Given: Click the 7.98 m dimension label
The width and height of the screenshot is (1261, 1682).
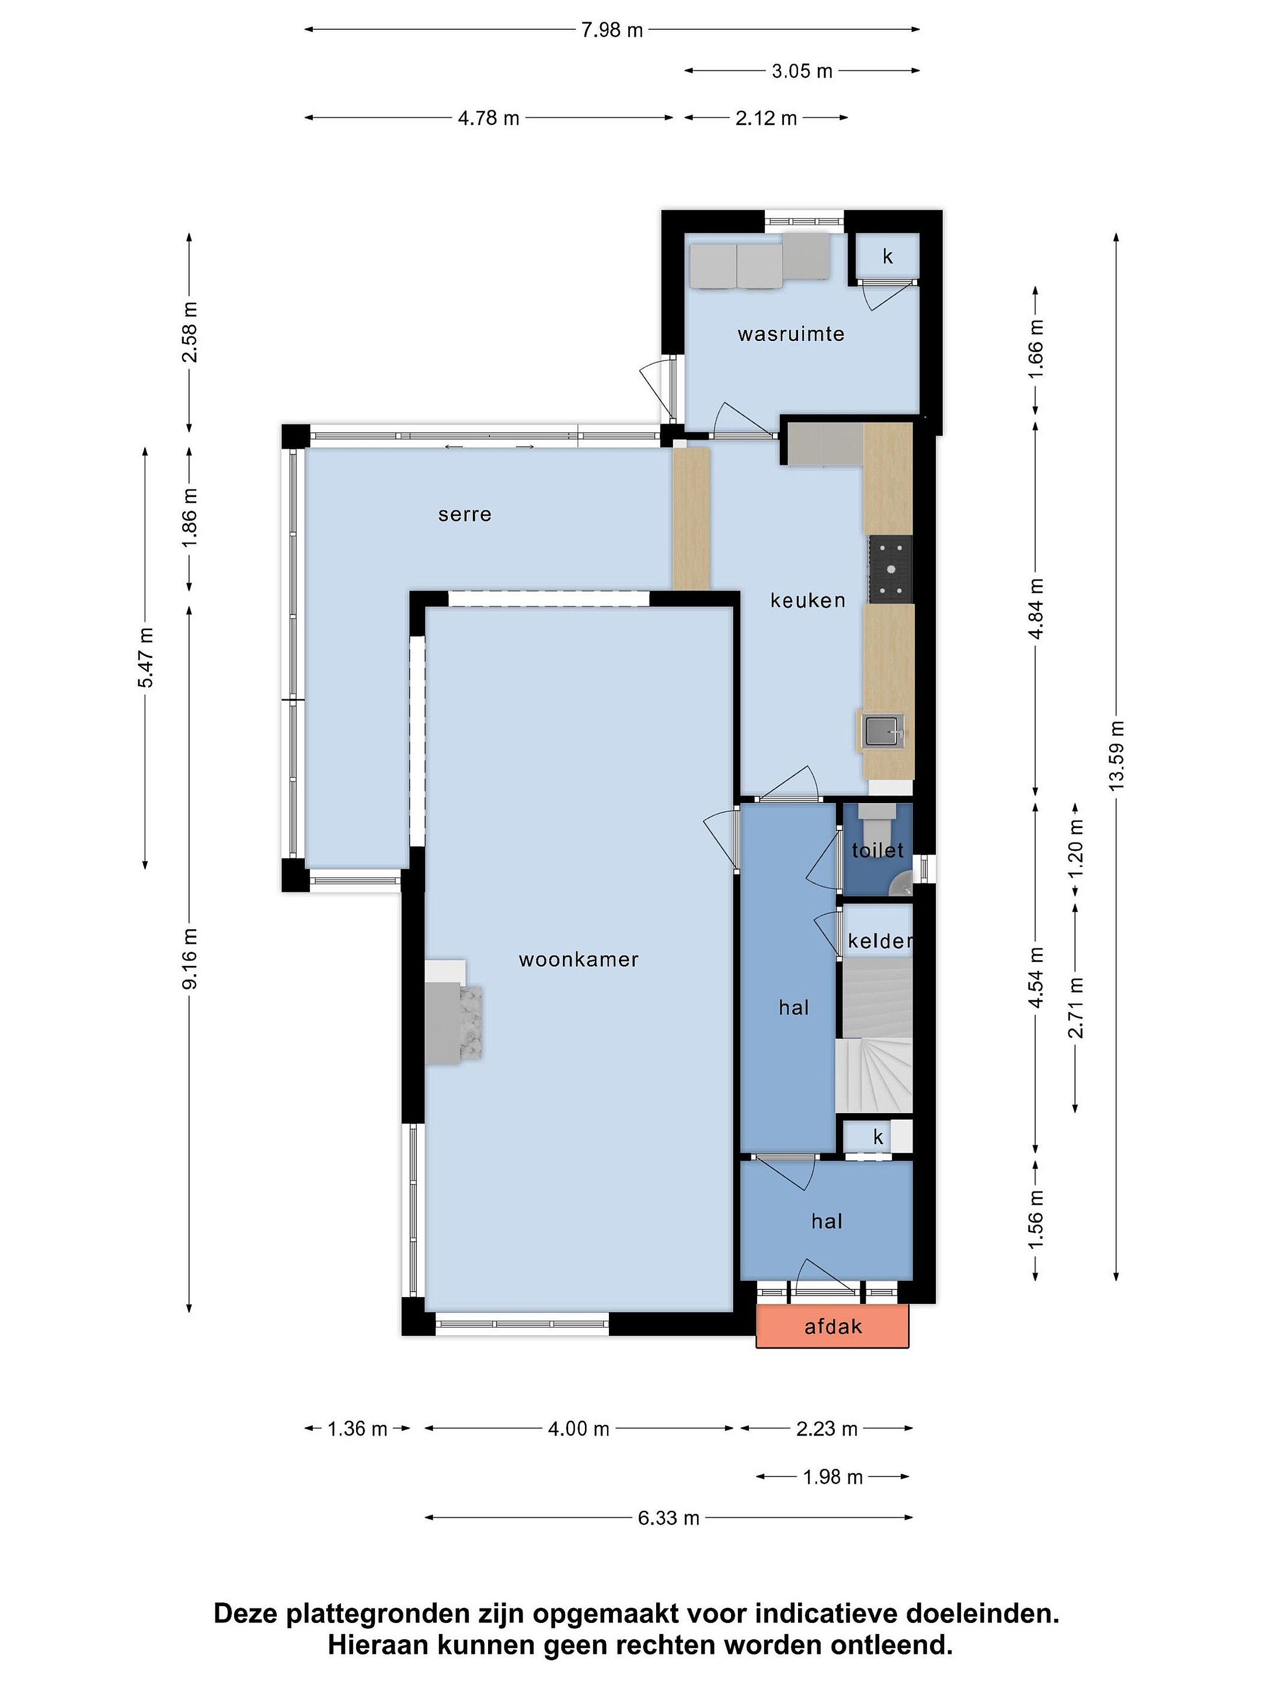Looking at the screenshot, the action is pos(612,30).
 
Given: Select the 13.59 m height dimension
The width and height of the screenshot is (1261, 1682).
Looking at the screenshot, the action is pos(1116,755).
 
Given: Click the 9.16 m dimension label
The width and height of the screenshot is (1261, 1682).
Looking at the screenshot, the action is pos(189,958).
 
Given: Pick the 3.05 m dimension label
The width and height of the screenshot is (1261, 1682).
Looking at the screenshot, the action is pos(802,71).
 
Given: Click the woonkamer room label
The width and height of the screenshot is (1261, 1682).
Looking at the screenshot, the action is pos(579,960).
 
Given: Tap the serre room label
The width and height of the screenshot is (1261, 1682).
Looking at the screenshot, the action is pos(465,515).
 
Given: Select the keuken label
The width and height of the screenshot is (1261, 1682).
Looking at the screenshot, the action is pos(807,601).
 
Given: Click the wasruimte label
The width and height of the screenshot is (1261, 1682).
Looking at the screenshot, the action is pos(790,334).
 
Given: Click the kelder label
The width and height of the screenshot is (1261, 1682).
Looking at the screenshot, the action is pos(879,941).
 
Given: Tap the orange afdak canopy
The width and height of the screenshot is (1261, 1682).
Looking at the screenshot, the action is pos(832,1327).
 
